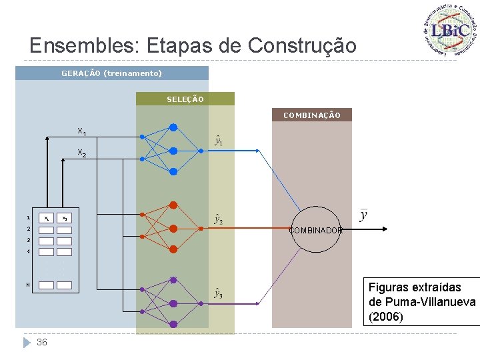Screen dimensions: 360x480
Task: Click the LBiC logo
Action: click(451, 30)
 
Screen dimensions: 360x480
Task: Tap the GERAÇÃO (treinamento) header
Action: click(111, 73)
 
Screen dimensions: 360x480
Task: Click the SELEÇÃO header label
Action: click(185, 99)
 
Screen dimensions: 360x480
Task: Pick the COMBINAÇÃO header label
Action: click(311, 115)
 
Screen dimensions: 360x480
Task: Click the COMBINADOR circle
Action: click(316, 230)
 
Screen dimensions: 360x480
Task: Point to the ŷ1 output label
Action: click(218, 141)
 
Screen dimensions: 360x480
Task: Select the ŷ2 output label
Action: click(218, 219)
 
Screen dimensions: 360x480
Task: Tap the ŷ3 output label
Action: click(218, 293)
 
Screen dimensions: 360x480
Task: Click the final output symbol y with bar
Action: click(363, 215)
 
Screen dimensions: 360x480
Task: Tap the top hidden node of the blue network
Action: click(173, 127)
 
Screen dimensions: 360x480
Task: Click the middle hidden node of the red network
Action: click(173, 228)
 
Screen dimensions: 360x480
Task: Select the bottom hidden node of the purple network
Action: click(173, 324)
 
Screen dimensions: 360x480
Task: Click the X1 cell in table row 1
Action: click(46, 218)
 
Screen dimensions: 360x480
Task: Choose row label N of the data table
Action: click(28, 285)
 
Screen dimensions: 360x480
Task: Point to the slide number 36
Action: click(42, 342)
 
